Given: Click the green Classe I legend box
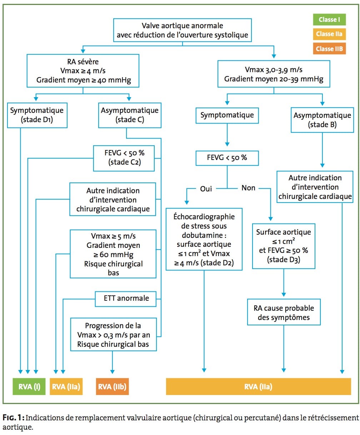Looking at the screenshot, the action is pos(329,19).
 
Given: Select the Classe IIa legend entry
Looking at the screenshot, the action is pos(329,34).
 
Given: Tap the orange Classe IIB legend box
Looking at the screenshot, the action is pos(329,49).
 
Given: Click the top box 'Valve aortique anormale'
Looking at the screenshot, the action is pos(182,30).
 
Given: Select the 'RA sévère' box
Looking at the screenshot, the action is pos(83,71).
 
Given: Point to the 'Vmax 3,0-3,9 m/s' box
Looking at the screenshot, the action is pos(274,74).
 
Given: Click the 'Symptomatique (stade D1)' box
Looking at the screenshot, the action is pos(37,115).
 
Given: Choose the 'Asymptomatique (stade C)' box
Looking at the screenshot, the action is pos(130,115).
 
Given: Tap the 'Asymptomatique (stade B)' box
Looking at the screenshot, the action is pos(322,120).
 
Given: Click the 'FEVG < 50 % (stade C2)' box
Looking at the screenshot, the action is pos(124,158).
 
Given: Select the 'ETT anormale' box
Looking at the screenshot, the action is pos(126,299).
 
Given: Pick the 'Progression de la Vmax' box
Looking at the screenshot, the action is pos(113,335).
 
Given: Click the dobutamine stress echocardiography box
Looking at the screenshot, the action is pos(204,239).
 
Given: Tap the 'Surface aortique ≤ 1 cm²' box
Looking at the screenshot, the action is pos(284,246).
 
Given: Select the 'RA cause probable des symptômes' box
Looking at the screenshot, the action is pos(284,312).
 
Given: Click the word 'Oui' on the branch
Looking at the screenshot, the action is pos(206,189).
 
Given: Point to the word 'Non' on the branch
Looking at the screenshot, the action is pos(248,188).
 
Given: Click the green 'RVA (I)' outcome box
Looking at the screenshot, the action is pos(29,387).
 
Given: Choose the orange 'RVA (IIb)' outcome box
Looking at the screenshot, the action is pos(112,387).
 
